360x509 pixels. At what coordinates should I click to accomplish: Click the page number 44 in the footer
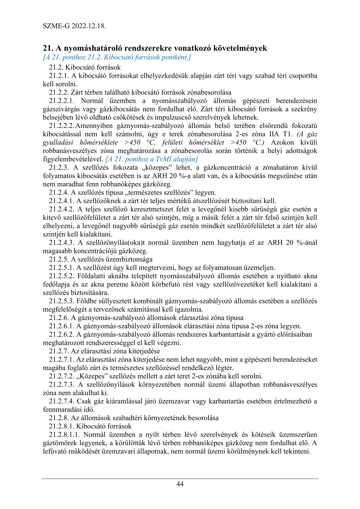180,484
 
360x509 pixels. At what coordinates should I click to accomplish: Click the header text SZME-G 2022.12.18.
74,26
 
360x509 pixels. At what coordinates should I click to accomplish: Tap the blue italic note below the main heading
117,57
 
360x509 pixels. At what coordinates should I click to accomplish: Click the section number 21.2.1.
59,76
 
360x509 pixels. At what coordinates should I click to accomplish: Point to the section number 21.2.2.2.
62,126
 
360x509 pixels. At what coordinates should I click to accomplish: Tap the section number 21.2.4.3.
62,243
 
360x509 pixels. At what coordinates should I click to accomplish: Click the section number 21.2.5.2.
62,276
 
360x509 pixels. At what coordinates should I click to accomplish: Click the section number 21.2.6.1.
62,326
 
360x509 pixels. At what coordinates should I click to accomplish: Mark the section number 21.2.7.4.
62,401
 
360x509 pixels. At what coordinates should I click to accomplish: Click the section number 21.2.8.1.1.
64,435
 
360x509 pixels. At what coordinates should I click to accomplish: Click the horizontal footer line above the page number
180,478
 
